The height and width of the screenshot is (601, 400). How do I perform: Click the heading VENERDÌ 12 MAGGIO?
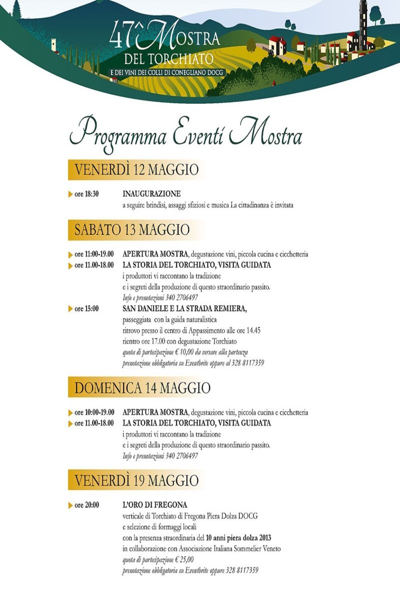136,169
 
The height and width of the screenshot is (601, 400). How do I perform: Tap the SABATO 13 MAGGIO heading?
132,229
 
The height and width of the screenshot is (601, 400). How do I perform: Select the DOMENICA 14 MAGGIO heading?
142,388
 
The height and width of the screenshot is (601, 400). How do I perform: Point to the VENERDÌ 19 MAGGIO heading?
136,480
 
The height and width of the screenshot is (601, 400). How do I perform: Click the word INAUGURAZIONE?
151,193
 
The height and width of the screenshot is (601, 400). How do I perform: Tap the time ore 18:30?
86,194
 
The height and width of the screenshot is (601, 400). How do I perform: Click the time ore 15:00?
86,309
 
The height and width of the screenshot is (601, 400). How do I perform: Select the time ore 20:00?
86,505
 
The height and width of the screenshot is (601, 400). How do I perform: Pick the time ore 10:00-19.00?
94,413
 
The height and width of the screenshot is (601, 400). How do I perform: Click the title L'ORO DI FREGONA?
148,505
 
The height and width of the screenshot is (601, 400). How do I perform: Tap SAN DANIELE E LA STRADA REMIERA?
184,309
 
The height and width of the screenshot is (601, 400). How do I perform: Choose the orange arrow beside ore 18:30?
70,194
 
